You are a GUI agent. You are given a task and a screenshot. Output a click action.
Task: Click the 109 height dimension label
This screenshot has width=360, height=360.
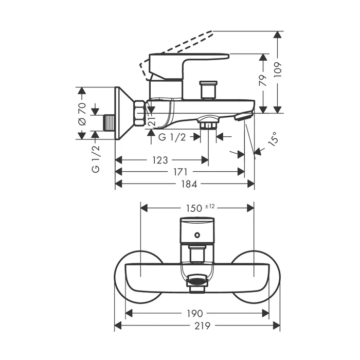pos(278,69)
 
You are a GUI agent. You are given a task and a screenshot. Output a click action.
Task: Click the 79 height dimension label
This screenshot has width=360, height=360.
pos(263,80)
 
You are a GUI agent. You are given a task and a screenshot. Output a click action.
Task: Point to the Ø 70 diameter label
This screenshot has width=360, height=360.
pos(82,114)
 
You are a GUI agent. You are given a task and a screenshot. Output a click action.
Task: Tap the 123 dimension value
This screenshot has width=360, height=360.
pos(160,160)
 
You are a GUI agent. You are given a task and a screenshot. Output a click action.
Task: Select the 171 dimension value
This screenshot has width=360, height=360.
pos(181,172)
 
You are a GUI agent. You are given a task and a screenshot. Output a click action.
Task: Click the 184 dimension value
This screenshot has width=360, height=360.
pos(189,184)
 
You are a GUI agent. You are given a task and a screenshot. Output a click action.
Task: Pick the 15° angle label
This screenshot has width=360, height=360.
pos(273,139)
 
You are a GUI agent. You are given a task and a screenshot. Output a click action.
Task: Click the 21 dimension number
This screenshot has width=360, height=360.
pos(152,120)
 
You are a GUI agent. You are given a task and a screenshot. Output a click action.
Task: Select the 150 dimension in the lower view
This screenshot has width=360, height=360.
pos(194,208)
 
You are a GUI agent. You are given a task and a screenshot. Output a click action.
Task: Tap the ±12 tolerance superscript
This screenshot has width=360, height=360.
pos(210,206)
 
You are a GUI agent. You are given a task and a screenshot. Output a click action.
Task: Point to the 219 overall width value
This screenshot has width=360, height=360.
pos(202,326)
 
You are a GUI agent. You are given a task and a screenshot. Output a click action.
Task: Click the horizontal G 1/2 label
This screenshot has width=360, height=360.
pos(172,137)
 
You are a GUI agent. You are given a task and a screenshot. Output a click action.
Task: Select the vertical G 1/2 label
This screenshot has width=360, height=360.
pos(96,159)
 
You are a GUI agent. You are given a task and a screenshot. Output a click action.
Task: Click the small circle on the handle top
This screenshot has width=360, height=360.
pos(197,235)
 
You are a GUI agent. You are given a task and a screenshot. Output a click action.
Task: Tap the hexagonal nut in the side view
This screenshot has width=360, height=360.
pos(140,113)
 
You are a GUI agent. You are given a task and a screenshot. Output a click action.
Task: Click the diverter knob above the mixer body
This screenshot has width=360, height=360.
pos(208,90)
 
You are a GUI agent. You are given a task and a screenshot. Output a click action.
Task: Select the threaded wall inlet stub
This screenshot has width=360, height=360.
pos(109,123)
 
